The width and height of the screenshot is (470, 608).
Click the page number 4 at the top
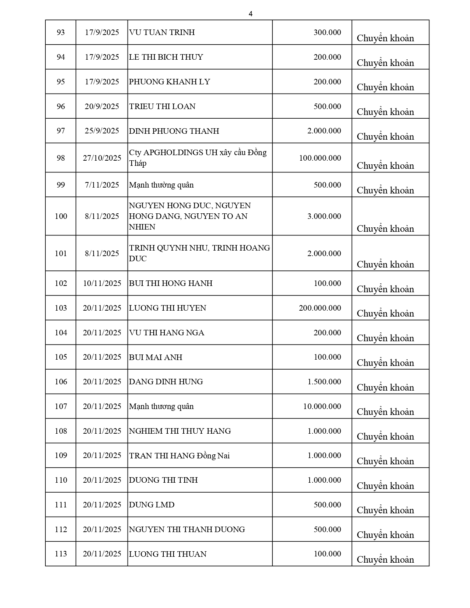(251, 14)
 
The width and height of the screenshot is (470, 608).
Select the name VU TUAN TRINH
(162, 32)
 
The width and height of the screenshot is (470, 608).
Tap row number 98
(61, 158)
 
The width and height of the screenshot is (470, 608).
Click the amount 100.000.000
(320, 158)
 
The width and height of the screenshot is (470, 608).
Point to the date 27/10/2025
(102, 158)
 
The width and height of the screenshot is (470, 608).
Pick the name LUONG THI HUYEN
(167, 308)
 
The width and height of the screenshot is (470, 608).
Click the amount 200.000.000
(320, 308)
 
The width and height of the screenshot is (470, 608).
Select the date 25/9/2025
(102, 131)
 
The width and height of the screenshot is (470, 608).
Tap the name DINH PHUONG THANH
(174, 131)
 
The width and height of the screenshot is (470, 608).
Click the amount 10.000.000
(322, 406)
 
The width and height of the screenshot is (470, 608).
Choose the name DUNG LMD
(152, 505)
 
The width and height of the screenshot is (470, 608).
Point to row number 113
(61, 554)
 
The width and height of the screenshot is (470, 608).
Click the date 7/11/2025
(102, 185)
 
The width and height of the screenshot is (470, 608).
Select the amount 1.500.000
(324, 382)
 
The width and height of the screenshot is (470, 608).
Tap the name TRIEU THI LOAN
(162, 106)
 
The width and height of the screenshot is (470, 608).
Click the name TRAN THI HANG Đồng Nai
(179, 456)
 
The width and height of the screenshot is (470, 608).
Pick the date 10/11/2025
(102, 283)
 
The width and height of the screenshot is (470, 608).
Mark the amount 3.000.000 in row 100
(324, 216)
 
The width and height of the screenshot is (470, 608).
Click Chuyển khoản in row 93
(385, 38)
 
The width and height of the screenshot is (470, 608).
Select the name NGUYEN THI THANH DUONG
(187, 530)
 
